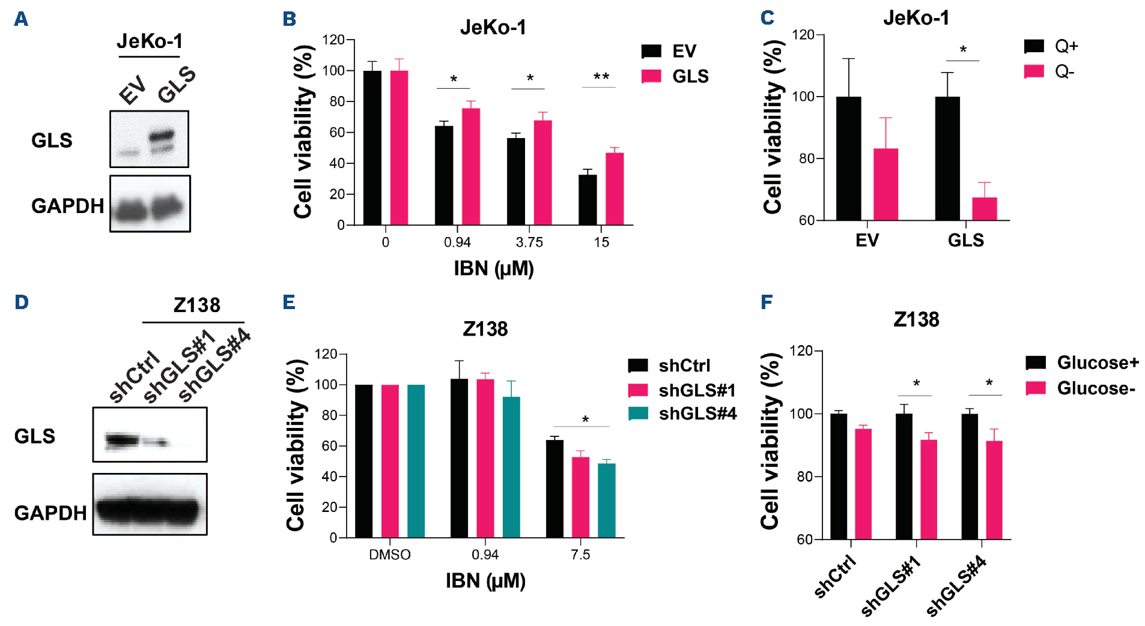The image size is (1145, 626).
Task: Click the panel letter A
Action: [21, 19]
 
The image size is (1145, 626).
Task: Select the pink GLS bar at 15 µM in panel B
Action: [615, 189]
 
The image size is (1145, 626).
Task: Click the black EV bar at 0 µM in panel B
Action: [372, 148]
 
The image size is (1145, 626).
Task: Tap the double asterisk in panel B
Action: [601, 77]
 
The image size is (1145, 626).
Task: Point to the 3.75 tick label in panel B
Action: [529, 242]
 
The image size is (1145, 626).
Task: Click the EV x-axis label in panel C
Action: [867, 241]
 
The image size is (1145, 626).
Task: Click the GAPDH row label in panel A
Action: [67, 206]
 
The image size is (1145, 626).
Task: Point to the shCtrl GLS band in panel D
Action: [123, 441]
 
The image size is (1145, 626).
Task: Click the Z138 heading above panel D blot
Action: [197, 305]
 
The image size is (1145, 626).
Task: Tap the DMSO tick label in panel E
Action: [389, 555]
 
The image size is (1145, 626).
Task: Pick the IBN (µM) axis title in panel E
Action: [485, 581]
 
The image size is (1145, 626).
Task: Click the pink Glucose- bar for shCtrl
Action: [863, 484]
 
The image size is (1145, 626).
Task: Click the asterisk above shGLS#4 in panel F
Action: [989, 383]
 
